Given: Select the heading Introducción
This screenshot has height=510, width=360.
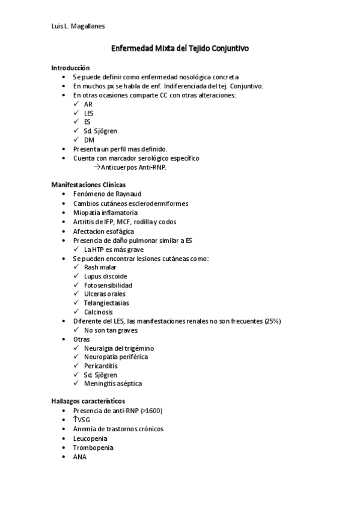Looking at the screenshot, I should (x=70, y=68).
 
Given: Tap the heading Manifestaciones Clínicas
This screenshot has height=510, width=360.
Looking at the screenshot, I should (x=88, y=185).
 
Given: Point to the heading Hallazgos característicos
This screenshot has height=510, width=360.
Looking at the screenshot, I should (x=88, y=401).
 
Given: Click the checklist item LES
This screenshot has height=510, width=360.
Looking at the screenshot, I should (x=89, y=113).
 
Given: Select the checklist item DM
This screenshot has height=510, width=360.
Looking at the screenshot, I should (x=89, y=140).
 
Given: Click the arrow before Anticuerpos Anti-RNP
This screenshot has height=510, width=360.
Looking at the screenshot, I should (x=99, y=167).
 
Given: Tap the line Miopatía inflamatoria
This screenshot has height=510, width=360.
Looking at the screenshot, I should (x=105, y=212).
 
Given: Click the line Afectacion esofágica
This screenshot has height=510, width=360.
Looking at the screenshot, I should (x=103, y=231).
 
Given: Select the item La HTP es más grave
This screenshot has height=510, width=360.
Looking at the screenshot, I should (x=114, y=249).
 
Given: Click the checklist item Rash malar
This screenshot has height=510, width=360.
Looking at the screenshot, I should (x=100, y=267).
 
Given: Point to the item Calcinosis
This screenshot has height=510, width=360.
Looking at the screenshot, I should (x=99, y=312).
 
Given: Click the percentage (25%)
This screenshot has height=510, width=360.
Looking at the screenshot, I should (x=272, y=321).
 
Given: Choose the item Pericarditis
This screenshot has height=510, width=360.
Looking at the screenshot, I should (x=101, y=366).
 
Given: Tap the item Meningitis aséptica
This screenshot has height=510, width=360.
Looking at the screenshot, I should (x=113, y=384).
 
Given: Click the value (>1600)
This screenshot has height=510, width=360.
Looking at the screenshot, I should (x=151, y=411).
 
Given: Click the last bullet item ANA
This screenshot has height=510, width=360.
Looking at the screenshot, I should (x=79, y=456).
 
